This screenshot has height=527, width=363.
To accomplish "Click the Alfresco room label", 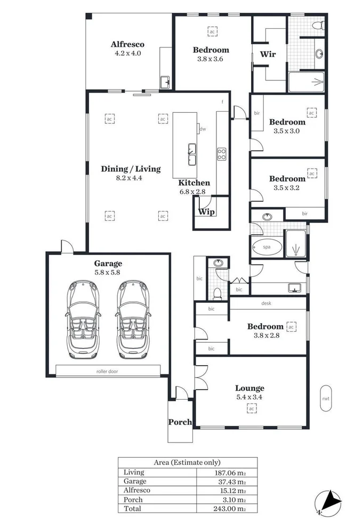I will coord(127,44).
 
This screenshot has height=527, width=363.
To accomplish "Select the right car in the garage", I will coord(133,320).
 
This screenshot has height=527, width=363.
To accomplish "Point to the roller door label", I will coord(107,371).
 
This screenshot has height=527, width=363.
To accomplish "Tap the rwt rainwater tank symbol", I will coord(325,398).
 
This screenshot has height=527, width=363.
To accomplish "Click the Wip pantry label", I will coord(206,211).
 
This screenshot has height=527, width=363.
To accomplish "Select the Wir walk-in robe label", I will coord(268,54).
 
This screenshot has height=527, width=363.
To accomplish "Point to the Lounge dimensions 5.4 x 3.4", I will coord(250,397).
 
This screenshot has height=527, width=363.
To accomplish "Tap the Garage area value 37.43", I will coord(230,481).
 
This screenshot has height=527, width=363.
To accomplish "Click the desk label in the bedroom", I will coord(267,303).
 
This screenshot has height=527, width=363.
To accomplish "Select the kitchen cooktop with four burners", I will coord(222,154).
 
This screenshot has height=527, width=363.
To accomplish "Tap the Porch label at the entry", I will coord(180,422).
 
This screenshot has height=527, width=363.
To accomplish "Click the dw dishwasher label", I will coord(203,129).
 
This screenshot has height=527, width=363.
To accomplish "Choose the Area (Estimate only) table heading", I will coord(187,463).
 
